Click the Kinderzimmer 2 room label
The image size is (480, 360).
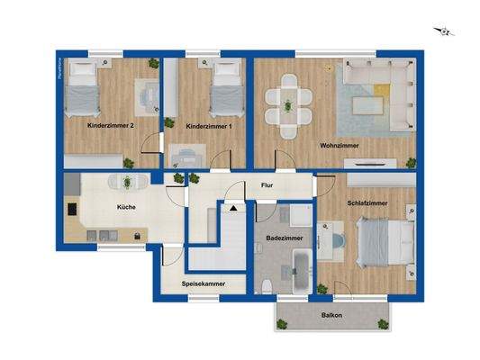[111, 127]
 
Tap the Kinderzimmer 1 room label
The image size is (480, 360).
[208, 127]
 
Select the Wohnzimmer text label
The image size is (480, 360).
[339, 145]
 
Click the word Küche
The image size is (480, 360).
[127, 207]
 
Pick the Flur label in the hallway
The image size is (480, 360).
[267, 185]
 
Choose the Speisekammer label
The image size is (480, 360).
[203, 283]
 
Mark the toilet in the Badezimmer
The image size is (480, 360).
[267, 284]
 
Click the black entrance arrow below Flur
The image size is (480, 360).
[233, 208]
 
